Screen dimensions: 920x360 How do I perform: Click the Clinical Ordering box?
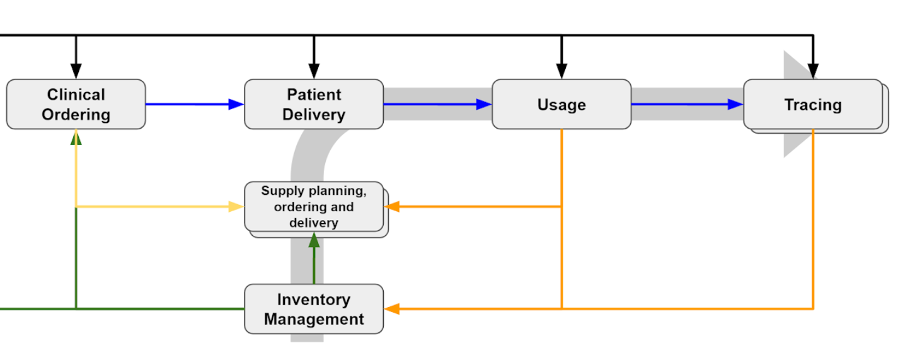pos(76,105)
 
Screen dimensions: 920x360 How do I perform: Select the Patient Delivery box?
pos(314,105)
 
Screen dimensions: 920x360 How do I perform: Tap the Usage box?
pos(561,105)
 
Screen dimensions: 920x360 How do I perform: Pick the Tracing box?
pos(814,105)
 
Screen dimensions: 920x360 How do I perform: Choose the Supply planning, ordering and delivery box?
pos(314,207)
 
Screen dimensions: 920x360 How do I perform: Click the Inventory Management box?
pos(314,309)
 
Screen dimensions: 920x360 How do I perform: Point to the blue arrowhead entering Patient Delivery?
pos(236,105)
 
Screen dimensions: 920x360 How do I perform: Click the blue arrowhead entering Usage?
pos(484,105)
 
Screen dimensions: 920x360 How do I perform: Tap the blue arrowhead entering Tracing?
pos(735,105)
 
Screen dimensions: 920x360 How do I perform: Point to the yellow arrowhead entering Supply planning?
pos(236,207)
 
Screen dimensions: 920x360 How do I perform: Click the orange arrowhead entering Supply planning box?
pos(392,207)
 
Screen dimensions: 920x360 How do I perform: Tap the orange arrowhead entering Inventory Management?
pos(392,309)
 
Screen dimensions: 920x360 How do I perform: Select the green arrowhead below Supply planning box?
pos(314,240)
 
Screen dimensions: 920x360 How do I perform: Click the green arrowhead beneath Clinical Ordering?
pos(76,137)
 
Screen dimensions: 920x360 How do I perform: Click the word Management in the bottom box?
pos(314,319)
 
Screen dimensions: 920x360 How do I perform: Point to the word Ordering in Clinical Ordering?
pos(76,115)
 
